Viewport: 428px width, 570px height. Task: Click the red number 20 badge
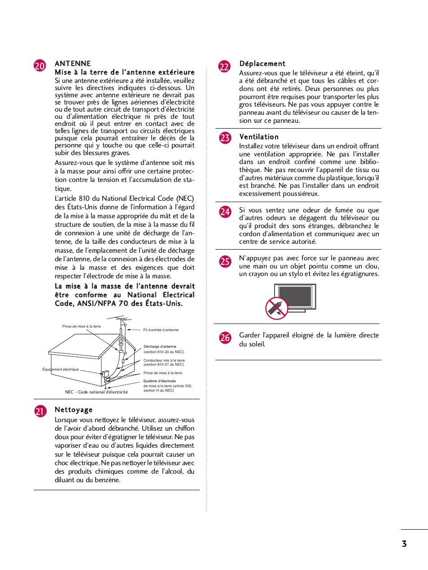coord(40,66)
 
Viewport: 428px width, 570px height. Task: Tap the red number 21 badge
coord(40,411)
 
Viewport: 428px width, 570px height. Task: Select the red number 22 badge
coord(224,67)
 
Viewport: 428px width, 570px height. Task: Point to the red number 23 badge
coord(225,138)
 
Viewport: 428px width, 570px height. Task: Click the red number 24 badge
coord(225,212)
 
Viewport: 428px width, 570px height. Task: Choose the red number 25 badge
coord(225,262)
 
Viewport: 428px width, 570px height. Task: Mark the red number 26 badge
coord(225,338)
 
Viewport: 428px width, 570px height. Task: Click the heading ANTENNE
coord(73,64)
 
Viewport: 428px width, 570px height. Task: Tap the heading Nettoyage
coord(74,410)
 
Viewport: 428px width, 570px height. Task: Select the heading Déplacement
coord(262,64)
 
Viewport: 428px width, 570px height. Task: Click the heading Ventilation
coord(259,137)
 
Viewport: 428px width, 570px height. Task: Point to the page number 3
coord(404,544)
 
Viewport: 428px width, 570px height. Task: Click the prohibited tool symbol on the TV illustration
coord(276,308)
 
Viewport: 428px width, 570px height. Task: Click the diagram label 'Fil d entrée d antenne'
coord(161,330)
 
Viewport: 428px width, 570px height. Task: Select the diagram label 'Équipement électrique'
coord(61,369)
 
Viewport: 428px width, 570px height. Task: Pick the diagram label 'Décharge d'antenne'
coord(160,346)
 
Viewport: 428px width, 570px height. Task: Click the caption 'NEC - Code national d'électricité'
coord(96,392)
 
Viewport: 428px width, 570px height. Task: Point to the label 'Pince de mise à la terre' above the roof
coord(81,326)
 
